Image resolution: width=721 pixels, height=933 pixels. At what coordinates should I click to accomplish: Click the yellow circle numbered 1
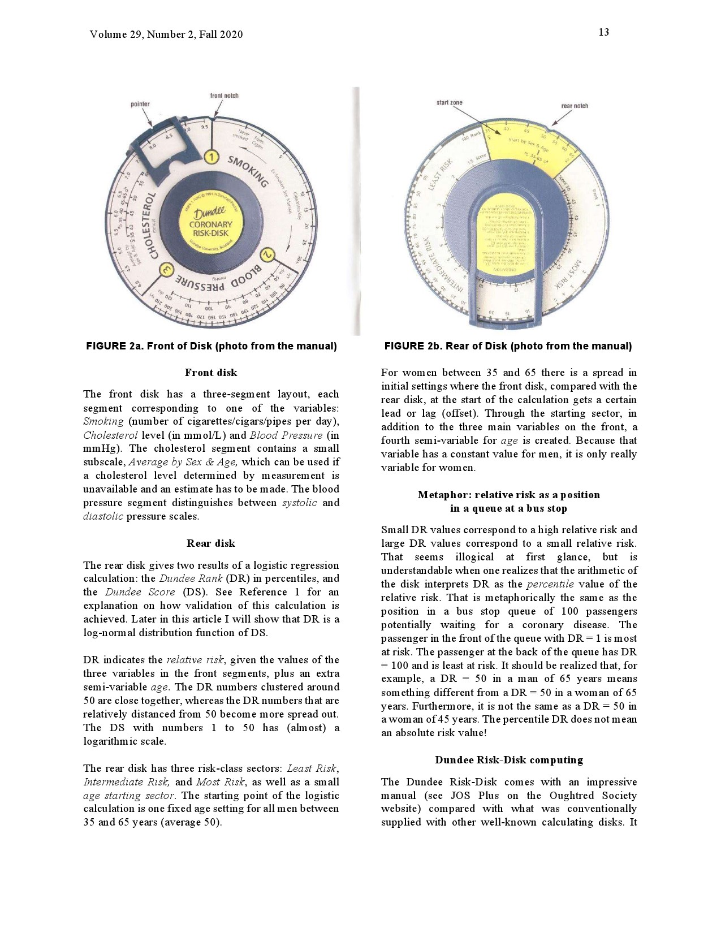click(x=211, y=157)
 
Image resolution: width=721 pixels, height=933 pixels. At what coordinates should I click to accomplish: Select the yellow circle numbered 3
click(x=166, y=271)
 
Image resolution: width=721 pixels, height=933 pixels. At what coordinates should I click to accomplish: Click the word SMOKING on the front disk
click(x=248, y=171)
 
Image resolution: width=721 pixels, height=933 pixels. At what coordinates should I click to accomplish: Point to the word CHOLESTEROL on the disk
click(x=151, y=226)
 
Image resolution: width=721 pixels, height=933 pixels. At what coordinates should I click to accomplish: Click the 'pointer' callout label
click(x=140, y=104)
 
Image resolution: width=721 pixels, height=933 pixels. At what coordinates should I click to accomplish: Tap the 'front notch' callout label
click(x=224, y=96)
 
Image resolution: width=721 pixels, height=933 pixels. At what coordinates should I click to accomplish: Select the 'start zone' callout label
click(x=449, y=102)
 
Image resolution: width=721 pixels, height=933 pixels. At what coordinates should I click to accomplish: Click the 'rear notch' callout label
click(x=575, y=106)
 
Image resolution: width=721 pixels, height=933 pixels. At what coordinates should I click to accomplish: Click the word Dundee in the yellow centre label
click(x=210, y=214)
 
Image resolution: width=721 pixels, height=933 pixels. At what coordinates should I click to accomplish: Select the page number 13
click(x=604, y=32)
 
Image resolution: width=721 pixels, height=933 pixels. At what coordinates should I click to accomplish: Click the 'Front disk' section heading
click(x=211, y=373)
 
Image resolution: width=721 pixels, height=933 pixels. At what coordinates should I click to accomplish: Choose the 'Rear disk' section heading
click(x=211, y=543)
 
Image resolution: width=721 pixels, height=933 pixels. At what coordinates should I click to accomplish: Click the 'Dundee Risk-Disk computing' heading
click(x=509, y=760)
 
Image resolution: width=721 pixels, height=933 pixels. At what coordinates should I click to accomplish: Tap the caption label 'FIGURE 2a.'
click(x=115, y=346)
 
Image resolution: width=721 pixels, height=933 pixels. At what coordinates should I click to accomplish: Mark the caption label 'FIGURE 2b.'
click(x=413, y=346)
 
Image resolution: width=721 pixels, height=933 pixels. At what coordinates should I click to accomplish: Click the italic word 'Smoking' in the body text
click(x=103, y=421)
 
